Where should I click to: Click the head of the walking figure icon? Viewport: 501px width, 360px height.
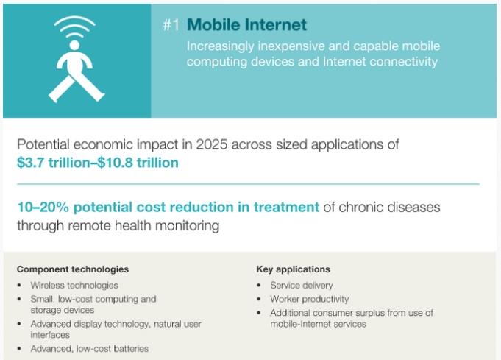(x=74, y=45)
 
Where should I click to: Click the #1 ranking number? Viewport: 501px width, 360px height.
(x=171, y=25)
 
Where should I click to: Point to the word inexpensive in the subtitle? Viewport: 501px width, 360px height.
(x=291, y=46)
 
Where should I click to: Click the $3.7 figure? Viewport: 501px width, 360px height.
(x=30, y=163)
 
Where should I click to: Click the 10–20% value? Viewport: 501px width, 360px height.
(x=43, y=207)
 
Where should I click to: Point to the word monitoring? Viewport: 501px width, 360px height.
(x=187, y=226)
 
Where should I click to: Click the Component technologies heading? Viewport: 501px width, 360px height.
(x=73, y=269)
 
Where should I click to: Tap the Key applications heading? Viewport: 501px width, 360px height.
(x=293, y=269)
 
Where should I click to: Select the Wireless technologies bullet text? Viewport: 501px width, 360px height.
(x=74, y=285)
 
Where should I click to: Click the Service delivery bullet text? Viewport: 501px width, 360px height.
(x=302, y=285)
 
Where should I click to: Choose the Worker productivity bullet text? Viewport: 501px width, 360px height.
(x=309, y=299)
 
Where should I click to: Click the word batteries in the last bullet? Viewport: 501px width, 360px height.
(x=129, y=349)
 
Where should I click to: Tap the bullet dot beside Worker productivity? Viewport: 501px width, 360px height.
(x=259, y=299)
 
